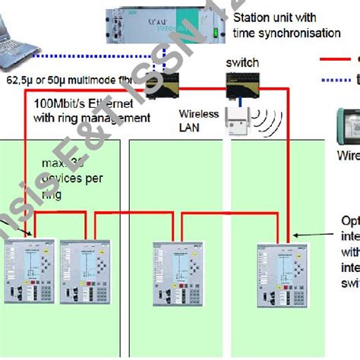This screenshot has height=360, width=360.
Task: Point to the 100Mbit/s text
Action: [x=61, y=103]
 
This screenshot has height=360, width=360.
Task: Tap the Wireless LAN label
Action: [x=199, y=120]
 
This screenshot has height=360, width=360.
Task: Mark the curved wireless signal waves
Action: [x=264, y=118]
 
